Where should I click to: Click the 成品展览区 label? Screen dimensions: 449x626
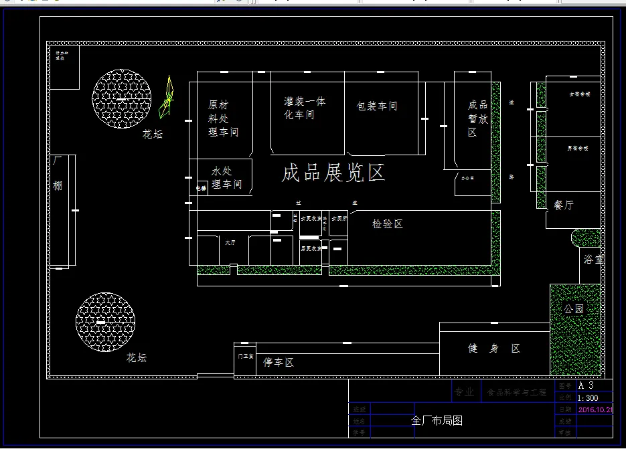333,173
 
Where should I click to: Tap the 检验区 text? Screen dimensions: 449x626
388,224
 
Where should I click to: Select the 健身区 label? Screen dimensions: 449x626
494,349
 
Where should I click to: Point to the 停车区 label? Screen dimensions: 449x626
279,363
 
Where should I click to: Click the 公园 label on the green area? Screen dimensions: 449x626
573,309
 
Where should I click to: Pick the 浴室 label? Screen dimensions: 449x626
593,259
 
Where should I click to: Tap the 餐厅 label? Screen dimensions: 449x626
564,205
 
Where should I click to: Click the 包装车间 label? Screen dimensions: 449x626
377,106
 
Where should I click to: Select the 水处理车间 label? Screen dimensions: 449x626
226,177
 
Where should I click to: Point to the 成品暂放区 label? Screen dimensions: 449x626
477,118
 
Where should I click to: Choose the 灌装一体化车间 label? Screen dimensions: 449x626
305,108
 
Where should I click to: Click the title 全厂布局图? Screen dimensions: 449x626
437,421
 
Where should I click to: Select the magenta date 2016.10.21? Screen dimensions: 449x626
595,410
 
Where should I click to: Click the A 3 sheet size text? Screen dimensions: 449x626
586,385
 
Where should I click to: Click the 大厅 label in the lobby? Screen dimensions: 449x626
230,242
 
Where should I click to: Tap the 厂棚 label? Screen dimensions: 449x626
58,173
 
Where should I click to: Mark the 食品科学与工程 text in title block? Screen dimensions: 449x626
516,393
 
